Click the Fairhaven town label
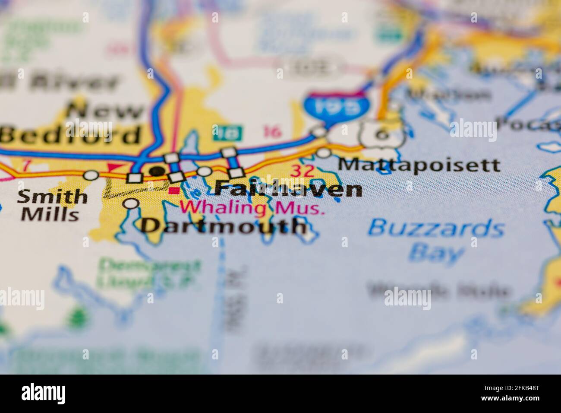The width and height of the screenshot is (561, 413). [x=288, y=190]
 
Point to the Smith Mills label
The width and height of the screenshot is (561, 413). [x=52, y=205]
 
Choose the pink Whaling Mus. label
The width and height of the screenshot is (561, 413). [x=252, y=208]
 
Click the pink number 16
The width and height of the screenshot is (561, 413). [x=271, y=132]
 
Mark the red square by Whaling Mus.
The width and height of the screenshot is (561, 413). [x=173, y=191]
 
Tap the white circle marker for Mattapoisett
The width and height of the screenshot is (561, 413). [x=323, y=153]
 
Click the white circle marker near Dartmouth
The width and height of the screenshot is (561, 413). [x=131, y=203]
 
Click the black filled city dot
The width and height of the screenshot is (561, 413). [x=158, y=171]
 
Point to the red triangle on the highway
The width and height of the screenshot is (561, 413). [x=114, y=167]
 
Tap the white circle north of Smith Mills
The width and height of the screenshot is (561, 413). [x=91, y=175]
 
